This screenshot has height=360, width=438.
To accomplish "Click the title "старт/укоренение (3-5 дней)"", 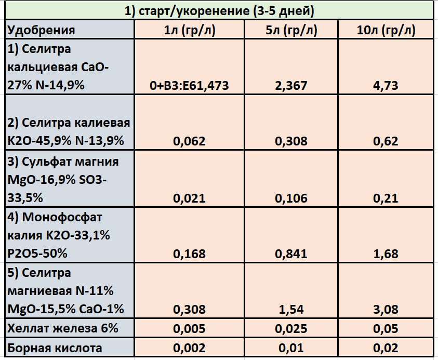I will tap(219, 10).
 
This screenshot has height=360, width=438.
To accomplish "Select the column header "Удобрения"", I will tap(41, 30).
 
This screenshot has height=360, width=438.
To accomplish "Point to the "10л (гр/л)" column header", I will tap(386, 30).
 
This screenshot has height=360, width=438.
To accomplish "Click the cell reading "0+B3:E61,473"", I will tap(189, 85).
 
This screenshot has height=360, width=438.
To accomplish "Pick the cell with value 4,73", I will tap(386, 85).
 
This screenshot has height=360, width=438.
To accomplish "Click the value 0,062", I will tap(189, 141).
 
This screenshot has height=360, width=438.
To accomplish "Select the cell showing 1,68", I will tap(386, 254).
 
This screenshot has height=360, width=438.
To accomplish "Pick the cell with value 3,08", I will tap(386, 310).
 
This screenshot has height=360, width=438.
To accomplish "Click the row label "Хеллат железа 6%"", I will tap(63, 328).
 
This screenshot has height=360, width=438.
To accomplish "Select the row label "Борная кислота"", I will tap(55, 348).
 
